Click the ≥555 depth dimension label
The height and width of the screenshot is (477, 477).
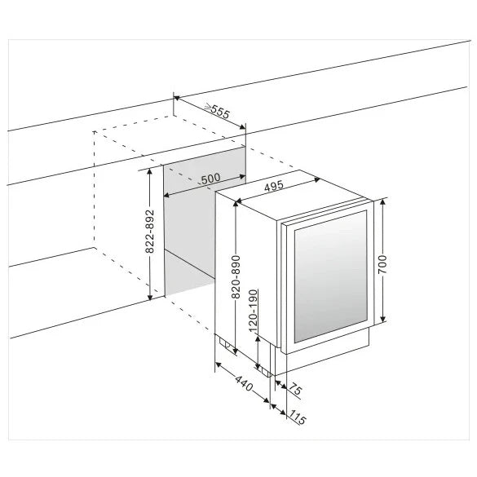click(x=216, y=112)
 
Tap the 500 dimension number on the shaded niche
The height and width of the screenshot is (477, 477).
click(x=210, y=179)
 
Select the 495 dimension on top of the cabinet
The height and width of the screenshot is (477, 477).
click(x=274, y=187)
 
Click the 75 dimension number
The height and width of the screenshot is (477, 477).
click(x=294, y=391)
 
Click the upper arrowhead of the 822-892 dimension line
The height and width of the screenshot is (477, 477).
click(x=150, y=171)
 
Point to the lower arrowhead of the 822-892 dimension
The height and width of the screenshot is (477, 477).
click(x=150, y=298)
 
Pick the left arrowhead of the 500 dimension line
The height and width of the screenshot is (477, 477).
click(x=167, y=196)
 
